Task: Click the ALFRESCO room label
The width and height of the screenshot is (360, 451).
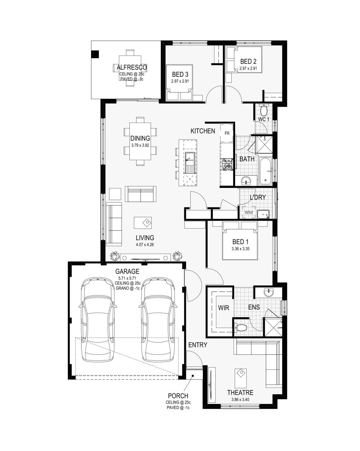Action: pyautogui.click(x=132, y=68)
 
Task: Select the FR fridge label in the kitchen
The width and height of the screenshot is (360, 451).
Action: pyautogui.click(x=227, y=133)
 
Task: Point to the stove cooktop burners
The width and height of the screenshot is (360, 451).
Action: pyautogui.click(x=227, y=164)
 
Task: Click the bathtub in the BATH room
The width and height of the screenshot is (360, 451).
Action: pyautogui.click(x=266, y=171)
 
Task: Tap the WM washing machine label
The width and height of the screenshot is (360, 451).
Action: pyautogui.click(x=249, y=212)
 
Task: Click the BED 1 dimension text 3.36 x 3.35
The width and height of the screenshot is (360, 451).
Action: pyautogui.click(x=240, y=249)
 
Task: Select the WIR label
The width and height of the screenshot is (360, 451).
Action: pyautogui.click(x=223, y=308)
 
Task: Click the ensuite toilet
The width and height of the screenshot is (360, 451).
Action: pyautogui.click(x=241, y=328)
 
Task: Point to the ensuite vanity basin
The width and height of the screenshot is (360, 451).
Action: pyautogui.click(x=269, y=292)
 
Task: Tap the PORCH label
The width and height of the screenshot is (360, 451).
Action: pyautogui.click(x=178, y=396)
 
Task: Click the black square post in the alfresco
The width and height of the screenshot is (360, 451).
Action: pyautogui.click(x=95, y=54)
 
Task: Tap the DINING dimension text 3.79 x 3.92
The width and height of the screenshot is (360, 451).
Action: pyautogui.click(x=140, y=145)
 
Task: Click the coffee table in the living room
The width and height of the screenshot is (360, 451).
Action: pyautogui.click(x=143, y=223)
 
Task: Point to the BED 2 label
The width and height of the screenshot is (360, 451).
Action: pyautogui.click(x=248, y=61)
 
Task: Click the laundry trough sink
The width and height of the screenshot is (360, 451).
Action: pyautogui.click(x=263, y=214)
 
